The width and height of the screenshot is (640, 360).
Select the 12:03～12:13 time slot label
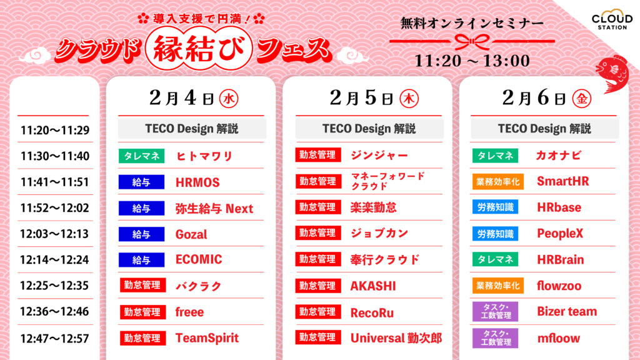click(54, 234)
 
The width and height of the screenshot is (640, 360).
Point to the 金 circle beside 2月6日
click(582, 99)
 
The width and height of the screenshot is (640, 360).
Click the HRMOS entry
click(197, 182)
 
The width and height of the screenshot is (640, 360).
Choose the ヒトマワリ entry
click(204, 156)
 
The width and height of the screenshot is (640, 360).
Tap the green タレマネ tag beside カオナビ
click(496, 156)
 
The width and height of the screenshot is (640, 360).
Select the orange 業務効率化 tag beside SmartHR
click(498, 182)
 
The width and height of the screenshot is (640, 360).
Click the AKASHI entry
click(373, 286)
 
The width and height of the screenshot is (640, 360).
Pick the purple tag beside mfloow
click(496, 338)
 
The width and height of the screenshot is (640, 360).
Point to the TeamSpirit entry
click(207, 338)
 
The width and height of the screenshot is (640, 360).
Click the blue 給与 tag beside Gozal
click(141, 234)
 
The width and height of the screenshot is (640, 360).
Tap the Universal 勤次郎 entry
click(396, 338)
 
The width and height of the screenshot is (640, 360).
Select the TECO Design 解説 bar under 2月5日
click(369, 129)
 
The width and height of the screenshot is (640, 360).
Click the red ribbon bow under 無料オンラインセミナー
click(472, 41)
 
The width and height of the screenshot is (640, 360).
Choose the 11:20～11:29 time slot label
click(54, 130)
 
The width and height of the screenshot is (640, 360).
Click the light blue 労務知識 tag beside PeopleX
click(496, 234)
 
